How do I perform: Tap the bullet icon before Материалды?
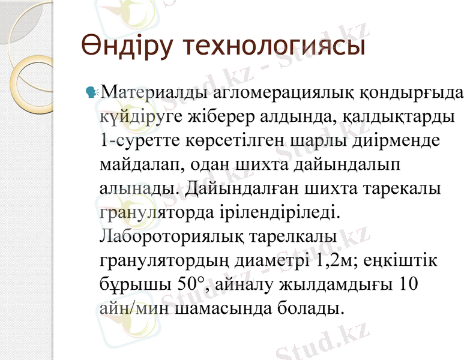92,92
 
